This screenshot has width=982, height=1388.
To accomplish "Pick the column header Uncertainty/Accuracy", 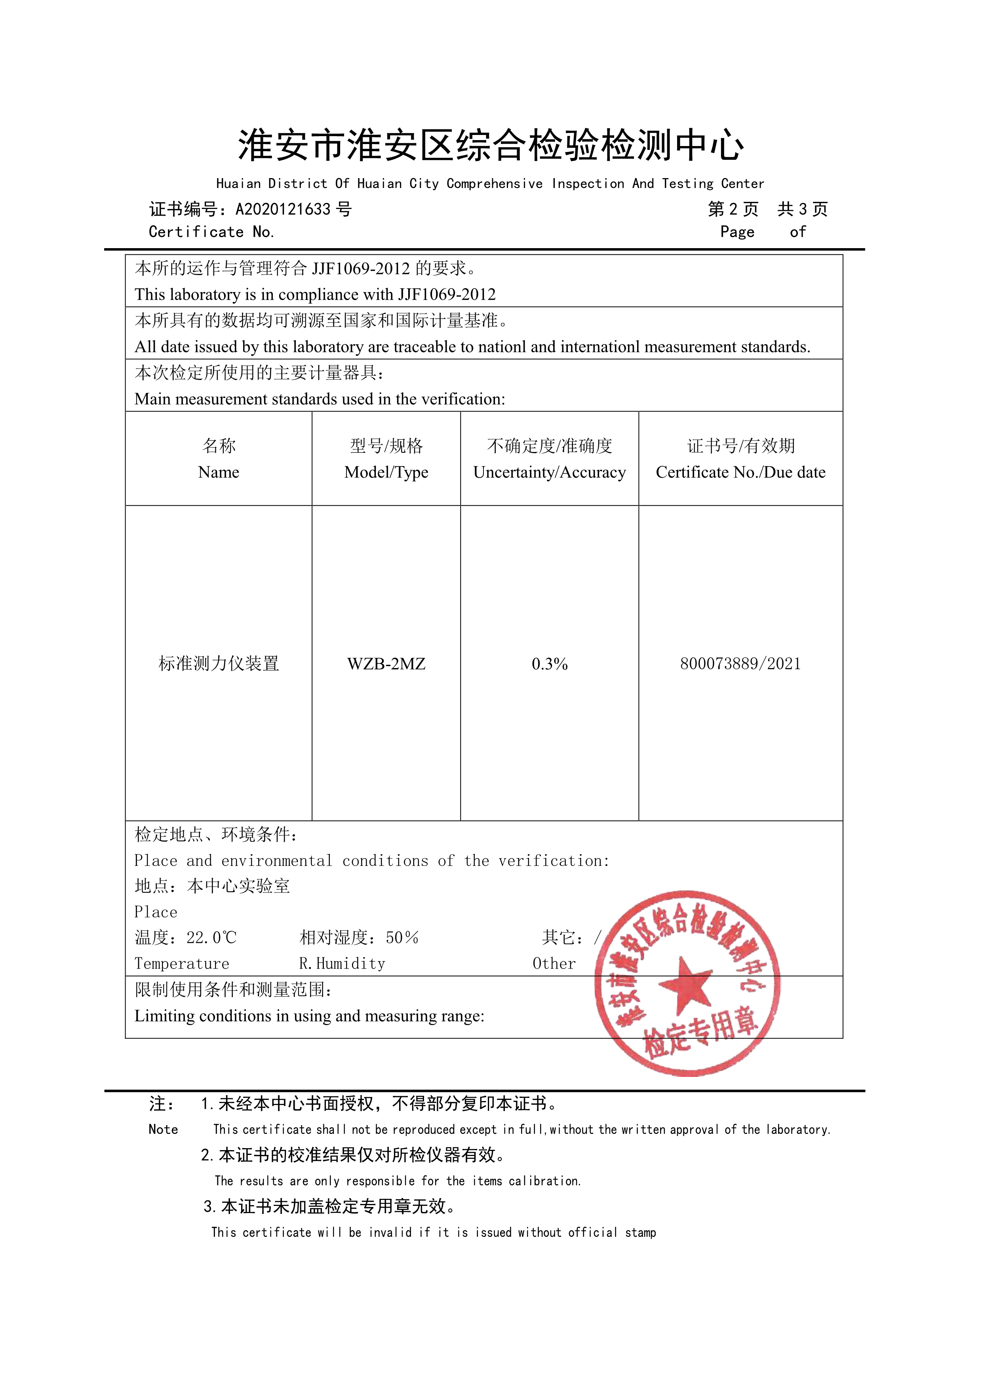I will pos(549,472).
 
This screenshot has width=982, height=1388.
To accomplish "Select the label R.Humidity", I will pos(342,964).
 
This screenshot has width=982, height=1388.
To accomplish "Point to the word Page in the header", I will pos(737,232).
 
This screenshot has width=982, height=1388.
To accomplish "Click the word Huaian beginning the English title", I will pos(238,184).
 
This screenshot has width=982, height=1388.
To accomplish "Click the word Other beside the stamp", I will pos(554,964).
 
